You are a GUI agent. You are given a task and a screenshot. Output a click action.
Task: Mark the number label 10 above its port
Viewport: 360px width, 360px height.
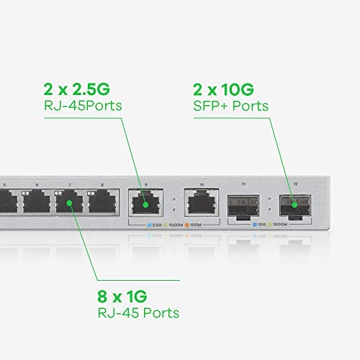pos(201,185)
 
